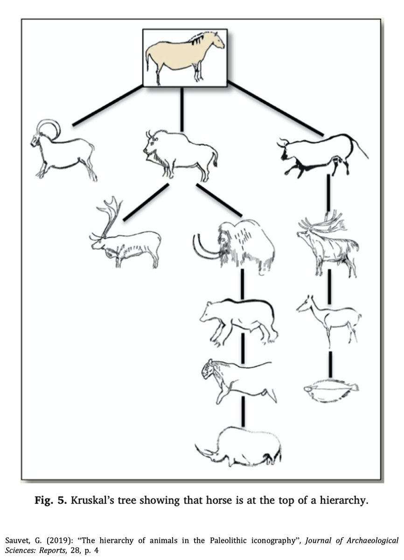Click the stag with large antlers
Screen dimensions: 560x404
coord(327,245)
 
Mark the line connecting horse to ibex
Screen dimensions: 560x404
coord(108,105)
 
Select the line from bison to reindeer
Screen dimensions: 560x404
coord(146,202)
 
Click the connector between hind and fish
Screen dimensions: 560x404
coord(330,364)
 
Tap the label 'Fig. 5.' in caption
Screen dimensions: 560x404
coord(51,501)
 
